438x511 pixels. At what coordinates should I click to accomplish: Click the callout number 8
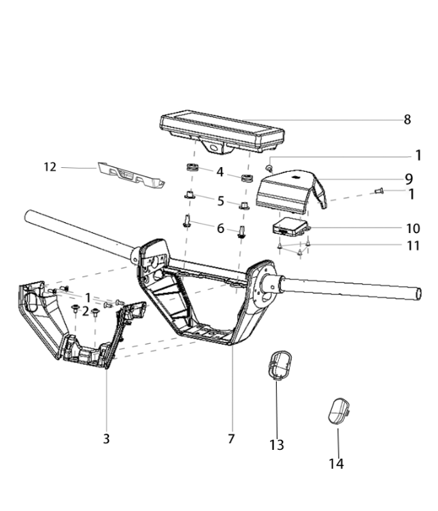(407, 120)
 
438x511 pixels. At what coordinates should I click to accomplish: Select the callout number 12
(50, 167)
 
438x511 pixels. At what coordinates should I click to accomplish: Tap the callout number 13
(277, 444)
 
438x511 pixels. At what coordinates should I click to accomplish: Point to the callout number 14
(336, 463)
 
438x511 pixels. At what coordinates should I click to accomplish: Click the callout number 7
(231, 439)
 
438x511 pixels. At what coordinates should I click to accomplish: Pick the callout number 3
(106, 439)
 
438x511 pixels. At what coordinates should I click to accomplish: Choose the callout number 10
(413, 228)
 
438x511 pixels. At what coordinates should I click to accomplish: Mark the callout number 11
(413, 245)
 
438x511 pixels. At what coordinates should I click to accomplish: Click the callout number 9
(409, 179)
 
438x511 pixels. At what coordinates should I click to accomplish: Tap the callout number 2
(85, 311)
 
